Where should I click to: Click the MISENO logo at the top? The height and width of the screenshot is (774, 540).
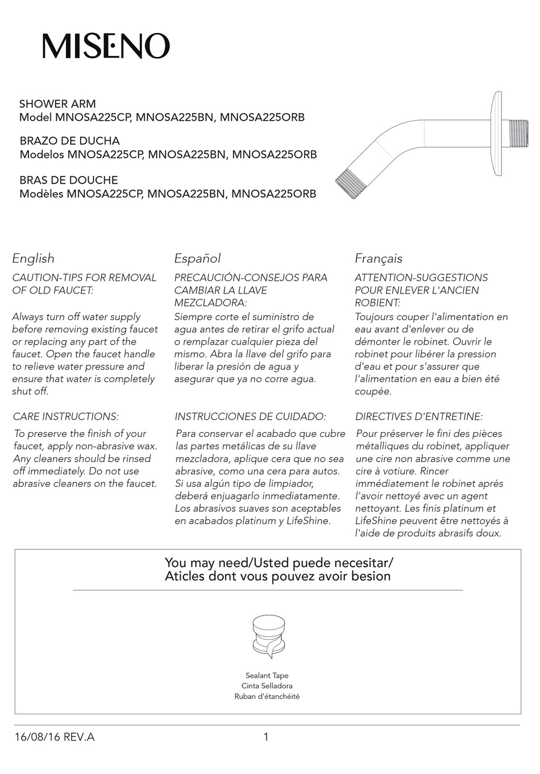(106, 45)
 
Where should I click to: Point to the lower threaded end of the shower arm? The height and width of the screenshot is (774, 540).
(355, 182)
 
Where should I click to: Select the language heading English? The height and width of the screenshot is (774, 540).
(34, 258)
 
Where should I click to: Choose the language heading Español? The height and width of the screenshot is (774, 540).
(197, 258)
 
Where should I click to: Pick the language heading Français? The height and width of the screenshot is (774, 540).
(378, 258)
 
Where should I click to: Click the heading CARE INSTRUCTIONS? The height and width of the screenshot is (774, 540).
(65, 417)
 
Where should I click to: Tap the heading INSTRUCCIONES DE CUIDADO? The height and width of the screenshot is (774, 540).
(250, 417)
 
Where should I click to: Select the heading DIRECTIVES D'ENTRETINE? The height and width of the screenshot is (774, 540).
(419, 417)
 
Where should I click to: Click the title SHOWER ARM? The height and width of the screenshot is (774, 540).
(57, 104)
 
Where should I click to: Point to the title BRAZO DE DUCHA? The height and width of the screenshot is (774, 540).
(69, 140)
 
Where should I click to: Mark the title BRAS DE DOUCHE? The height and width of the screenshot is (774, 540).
(69, 180)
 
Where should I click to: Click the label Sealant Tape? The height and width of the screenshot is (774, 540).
(267, 676)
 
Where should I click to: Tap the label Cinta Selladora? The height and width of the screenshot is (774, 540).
(267, 686)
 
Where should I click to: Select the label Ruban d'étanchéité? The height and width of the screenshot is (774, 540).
(267, 697)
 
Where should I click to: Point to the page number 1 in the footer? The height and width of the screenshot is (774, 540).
(266, 738)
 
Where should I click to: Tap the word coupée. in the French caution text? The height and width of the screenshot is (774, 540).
(373, 391)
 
